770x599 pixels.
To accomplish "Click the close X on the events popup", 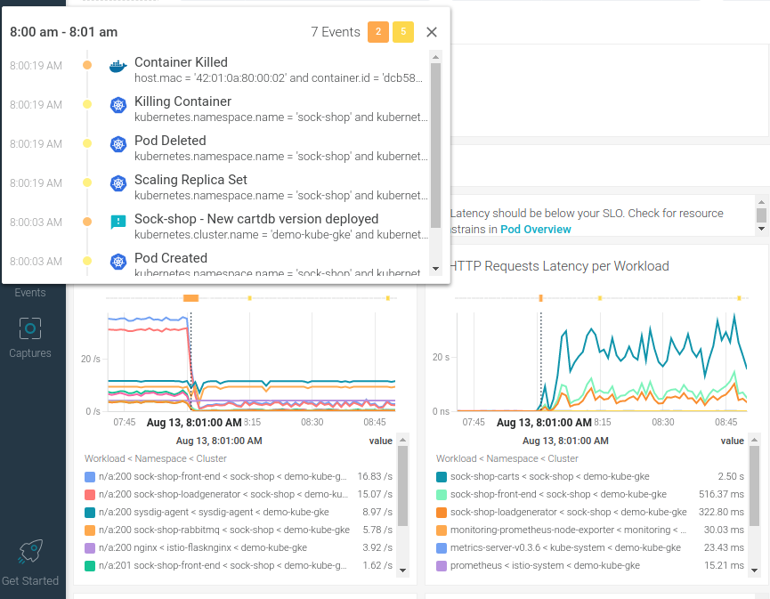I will (x=432, y=32).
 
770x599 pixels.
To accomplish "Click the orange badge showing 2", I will (x=377, y=32).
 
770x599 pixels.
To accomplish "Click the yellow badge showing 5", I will (x=403, y=32).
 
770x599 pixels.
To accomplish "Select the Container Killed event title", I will (x=181, y=62).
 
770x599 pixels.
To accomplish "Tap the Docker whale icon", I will (x=118, y=66).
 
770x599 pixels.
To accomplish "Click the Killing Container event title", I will (x=182, y=101).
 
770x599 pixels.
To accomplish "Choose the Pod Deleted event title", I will (x=170, y=141).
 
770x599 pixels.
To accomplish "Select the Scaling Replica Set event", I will (x=190, y=180).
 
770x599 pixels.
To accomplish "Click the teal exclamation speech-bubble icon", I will (x=118, y=222).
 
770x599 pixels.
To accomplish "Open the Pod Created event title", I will (x=171, y=258).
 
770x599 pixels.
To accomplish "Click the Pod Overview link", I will (x=536, y=229).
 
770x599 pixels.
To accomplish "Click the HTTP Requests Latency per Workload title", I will (x=560, y=266).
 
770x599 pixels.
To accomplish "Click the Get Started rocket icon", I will (x=30, y=552).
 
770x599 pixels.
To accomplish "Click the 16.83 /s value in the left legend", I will (x=375, y=476).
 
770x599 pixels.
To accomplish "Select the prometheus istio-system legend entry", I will (x=545, y=565).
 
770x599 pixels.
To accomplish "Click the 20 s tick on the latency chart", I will (x=441, y=357).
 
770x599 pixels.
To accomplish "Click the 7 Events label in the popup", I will (x=336, y=32).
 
